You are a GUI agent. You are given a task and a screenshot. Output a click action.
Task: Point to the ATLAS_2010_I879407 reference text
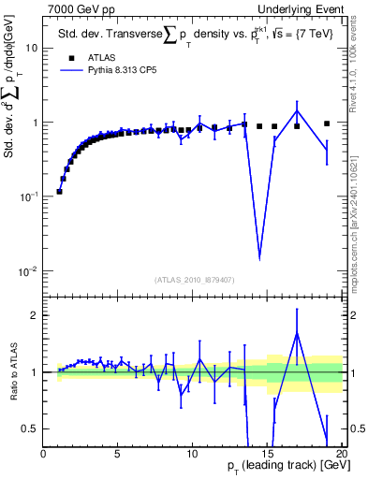coord(193,279)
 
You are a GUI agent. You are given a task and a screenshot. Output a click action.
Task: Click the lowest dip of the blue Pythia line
coord(259,257)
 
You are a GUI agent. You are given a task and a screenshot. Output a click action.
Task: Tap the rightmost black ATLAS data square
coord(327,123)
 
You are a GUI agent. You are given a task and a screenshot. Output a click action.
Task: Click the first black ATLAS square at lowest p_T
coord(59,192)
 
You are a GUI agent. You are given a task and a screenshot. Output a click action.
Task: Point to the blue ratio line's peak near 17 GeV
coord(297,333)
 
